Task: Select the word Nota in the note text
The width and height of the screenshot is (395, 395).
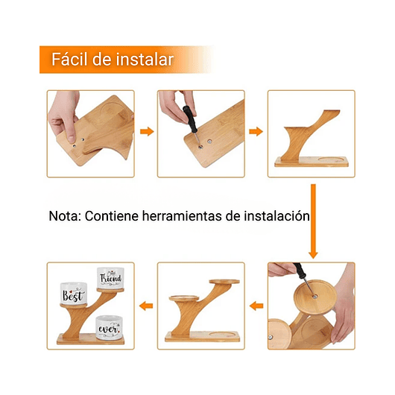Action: pos(65,216)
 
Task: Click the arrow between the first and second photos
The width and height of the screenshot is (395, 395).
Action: pos(146,132)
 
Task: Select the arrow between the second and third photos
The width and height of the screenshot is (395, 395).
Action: pos(256,132)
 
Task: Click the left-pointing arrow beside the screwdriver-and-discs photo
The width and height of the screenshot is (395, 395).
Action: pos(256,305)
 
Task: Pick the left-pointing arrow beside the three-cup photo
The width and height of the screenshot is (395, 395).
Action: pos(146,305)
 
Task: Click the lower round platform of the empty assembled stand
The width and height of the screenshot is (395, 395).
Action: pos(186,299)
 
